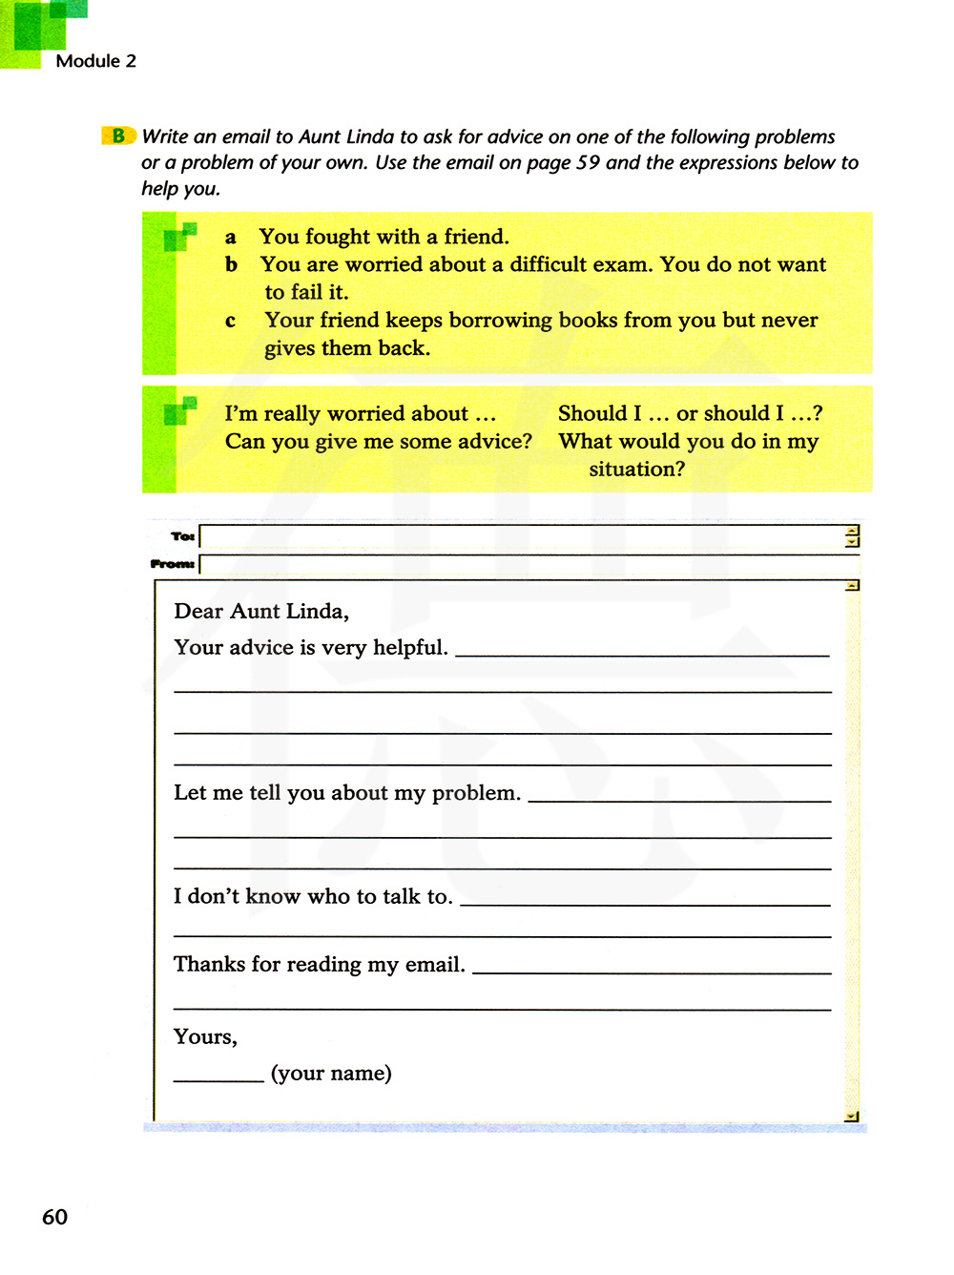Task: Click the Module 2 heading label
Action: tap(95, 61)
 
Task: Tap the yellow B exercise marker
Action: tap(118, 136)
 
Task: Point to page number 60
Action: tap(54, 1217)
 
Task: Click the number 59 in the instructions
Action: tap(589, 162)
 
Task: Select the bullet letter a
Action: tap(230, 238)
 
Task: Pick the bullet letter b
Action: tap(231, 264)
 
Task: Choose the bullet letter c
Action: tap(230, 322)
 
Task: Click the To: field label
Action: tap(182, 536)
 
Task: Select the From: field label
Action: tap(173, 564)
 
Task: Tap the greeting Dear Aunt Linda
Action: tap(261, 611)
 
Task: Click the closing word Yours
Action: tap(205, 1037)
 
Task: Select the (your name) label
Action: tap(331, 1074)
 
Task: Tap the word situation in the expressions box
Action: tap(636, 470)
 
